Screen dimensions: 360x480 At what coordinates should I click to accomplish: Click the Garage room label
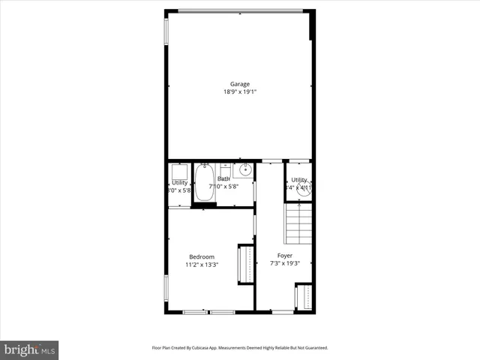[240, 84]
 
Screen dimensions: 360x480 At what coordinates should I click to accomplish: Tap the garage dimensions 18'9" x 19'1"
[240, 92]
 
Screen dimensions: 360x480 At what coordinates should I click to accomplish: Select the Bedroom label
[202, 256]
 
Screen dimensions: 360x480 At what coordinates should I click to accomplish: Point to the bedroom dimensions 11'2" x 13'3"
[202, 264]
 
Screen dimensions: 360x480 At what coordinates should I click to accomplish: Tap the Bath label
[223, 178]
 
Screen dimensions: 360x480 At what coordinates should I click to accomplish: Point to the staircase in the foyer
[298, 222]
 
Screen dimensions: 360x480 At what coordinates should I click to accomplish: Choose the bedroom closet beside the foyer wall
[246, 264]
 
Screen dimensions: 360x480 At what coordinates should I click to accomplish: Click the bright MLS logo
[30, 350]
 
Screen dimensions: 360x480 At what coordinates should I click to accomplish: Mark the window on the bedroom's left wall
[166, 288]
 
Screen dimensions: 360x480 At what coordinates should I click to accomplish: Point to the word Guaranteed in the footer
[316, 348]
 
